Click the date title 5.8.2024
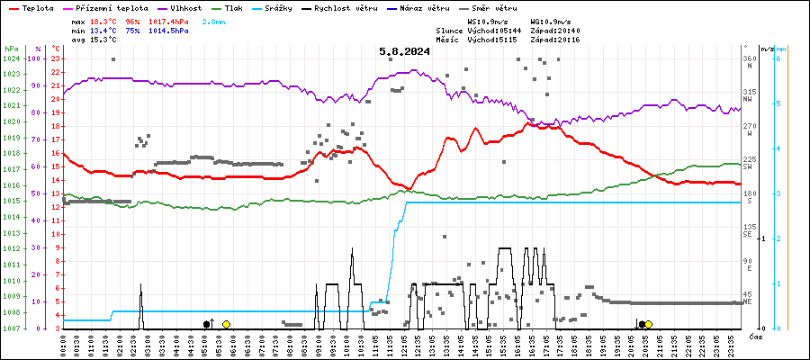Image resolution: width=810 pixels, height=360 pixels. click(x=404, y=51)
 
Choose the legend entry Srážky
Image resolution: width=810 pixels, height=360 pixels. click(x=283, y=6)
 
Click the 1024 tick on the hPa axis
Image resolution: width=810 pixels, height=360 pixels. click(x=10, y=58)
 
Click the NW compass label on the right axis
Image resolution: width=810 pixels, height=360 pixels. click(x=749, y=99)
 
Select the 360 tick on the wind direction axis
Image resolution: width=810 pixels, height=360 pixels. click(x=749, y=58)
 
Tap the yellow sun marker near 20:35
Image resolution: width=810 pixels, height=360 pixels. click(x=648, y=324)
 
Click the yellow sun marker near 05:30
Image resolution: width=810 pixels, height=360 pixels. click(x=226, y=324)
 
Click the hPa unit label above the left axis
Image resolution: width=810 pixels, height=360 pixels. click(x=10, y=48)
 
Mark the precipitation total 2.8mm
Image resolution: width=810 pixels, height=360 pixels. click(x=214, y=20)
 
